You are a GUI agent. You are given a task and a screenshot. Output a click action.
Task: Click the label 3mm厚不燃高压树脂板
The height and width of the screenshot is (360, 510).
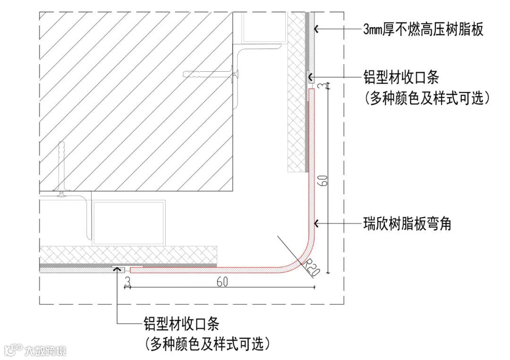point(423,30)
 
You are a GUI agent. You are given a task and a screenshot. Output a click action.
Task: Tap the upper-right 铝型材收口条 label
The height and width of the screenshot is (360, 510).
point(401,77)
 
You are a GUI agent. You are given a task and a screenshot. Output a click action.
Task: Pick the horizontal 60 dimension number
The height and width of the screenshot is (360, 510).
point(222,282)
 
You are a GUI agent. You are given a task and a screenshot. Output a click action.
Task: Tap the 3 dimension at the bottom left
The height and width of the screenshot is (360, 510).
point(127,282)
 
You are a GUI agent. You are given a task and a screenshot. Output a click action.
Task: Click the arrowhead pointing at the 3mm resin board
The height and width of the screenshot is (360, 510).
point(317,30)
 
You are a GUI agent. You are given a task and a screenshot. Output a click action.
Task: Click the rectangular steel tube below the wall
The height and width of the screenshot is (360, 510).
point(129,222)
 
